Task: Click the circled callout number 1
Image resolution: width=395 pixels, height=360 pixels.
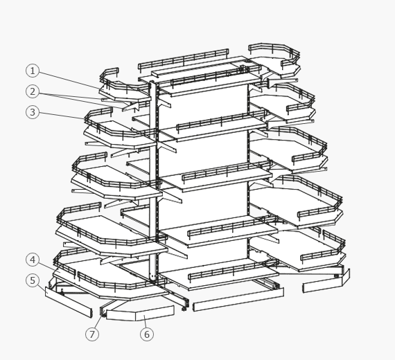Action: coord(33,71)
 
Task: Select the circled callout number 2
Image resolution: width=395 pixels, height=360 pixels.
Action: coord(33,91)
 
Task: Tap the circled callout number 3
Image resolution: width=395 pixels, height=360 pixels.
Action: coord(33,112)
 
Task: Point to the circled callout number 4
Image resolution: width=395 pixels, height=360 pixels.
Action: coord(33,260)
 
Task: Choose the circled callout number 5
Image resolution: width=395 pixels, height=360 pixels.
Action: coord(33,280)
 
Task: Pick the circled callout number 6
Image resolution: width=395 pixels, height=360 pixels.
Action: coord(147,334)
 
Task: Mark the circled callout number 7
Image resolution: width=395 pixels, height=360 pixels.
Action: coord(92,334)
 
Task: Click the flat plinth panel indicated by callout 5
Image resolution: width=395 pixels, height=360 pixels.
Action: coord(69,302)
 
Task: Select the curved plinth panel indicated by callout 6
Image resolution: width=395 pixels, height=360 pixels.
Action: coord(140,314)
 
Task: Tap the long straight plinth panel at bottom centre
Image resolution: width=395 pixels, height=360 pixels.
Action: coord(238,299)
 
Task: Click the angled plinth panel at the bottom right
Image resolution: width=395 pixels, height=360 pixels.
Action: coord(326,282)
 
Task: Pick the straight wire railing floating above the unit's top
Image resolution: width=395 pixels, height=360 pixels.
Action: coord(184,60)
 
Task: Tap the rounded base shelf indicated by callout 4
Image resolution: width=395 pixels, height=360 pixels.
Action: coord(111,280)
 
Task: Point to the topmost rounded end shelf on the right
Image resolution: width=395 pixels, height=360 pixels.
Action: coord(280,66)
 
